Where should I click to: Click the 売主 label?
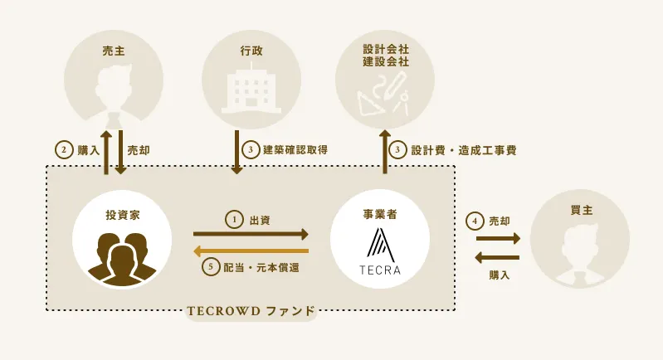(x=114, y=51)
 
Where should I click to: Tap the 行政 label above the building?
(x=251, y=51)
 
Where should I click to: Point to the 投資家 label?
(x=123, y=215)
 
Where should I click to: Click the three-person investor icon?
(x=122, y=259)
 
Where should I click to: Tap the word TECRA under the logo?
(x=380, y=270)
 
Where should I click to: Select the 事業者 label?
(x=380, y=215)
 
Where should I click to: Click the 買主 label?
(x=582, y=210)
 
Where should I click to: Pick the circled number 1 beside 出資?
(x=234, y=220)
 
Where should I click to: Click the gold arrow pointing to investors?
(x=251, y=252)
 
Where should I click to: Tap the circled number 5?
(x=211, y=267)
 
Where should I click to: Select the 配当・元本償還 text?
(x=261, y=267)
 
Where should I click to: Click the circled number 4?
(x=475, y=221)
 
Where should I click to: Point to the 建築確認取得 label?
(x=295, y=149)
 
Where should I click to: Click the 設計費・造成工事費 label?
(x=464, y=150)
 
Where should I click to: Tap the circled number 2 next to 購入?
(x=64, y=149)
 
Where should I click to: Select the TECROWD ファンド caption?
(x=251, y=311)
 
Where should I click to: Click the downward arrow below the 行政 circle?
(x=236, y=152)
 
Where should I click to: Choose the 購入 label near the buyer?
(x=500, y=275)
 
